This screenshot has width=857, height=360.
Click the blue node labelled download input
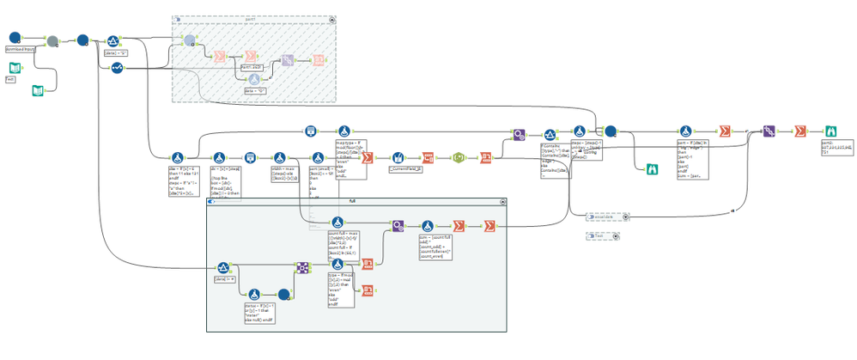pos(15,38)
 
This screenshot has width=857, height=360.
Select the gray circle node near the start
pos(52,40)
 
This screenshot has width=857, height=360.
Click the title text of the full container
pos(352,201)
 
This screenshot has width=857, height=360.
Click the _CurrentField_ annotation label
pos(404,171)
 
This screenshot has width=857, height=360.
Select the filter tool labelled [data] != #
pos(222,269)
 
